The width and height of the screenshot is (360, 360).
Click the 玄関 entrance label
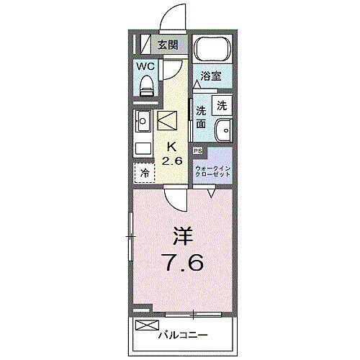coord(167,45)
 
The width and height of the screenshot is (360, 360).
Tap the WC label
coord(147,67)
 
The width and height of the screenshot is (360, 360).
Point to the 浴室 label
coord(210,75)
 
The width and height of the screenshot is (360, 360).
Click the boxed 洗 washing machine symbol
coord(222,104)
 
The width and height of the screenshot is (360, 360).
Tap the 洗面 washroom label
coord(202,117)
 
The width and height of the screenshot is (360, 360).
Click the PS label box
coord(197,150)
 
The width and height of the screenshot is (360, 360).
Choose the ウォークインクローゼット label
coord(212,172)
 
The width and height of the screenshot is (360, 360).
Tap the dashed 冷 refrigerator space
coord(144,174)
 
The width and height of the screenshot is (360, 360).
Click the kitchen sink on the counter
coord(141,120)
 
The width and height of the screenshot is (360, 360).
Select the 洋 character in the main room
coord(182,235)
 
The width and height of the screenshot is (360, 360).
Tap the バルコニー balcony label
coord(183,335)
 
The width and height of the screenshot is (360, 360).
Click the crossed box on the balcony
coord(145,325)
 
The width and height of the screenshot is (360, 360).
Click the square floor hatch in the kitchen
coord(168,120)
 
